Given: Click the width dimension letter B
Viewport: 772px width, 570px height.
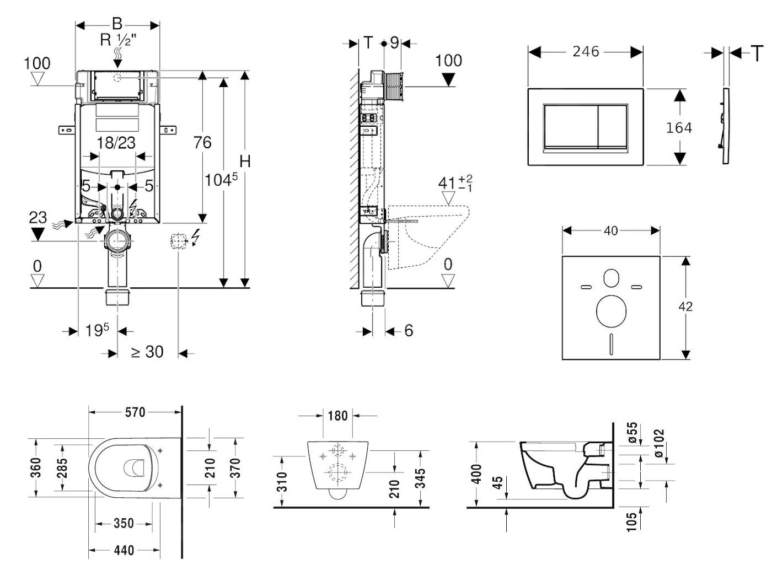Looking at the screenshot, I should pos(117,24).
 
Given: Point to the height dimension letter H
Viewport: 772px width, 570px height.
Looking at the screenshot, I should pos(245,162).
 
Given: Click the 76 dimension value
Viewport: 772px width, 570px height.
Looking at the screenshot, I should pos(202,143).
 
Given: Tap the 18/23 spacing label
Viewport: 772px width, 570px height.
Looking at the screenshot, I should pos(116,143).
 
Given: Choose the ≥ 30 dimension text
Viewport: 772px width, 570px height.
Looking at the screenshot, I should pos(147,352).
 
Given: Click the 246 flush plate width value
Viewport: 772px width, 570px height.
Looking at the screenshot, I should pos(585,51).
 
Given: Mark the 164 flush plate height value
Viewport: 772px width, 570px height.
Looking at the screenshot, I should pos(678,128).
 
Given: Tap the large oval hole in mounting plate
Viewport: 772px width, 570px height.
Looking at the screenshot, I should pos(611,310).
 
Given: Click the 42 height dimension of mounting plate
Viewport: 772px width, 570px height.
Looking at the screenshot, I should pos(685,306).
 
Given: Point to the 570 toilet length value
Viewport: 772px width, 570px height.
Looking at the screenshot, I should pos(135,412).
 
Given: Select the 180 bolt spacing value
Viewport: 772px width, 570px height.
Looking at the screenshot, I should pos(337,415).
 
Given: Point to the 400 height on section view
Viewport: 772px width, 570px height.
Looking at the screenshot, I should pos(477,474).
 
